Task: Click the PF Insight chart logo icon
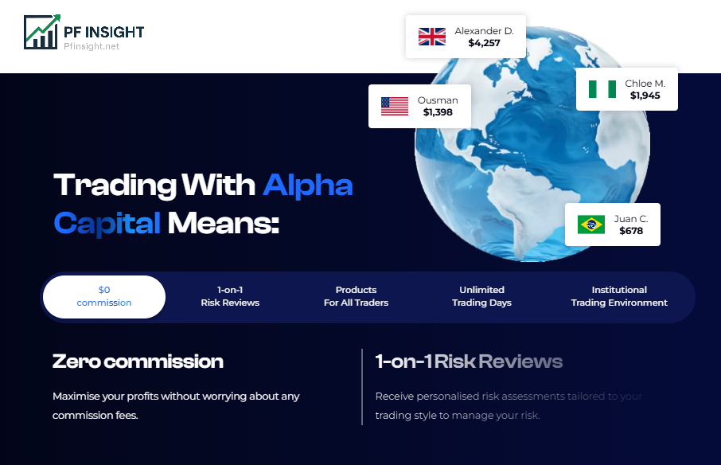42,32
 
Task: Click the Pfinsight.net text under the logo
92,46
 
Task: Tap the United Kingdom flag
432,37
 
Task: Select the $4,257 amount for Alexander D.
484,43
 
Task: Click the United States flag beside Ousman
395,106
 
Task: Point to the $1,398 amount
438,112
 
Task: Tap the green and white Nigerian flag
602,89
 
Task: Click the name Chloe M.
645,84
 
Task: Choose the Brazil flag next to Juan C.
591,225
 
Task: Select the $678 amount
631,231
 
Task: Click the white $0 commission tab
104,297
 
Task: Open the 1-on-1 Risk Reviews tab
230,296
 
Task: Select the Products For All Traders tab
356,296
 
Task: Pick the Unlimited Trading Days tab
482,296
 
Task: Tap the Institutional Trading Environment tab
619,296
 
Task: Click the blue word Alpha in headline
308,186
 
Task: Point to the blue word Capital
107,224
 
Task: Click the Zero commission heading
138,361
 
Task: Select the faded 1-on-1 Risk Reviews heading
469,361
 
